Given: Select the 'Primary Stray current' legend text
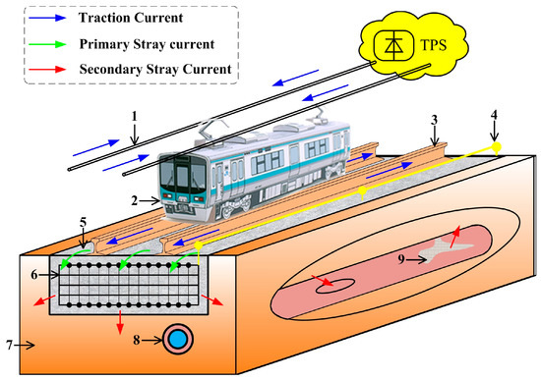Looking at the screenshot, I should pos(146,43).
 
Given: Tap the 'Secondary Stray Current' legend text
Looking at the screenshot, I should pos(154,69).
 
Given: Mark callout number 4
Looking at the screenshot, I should pos(496,116).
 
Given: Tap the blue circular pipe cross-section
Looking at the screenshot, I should pos(178,339).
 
